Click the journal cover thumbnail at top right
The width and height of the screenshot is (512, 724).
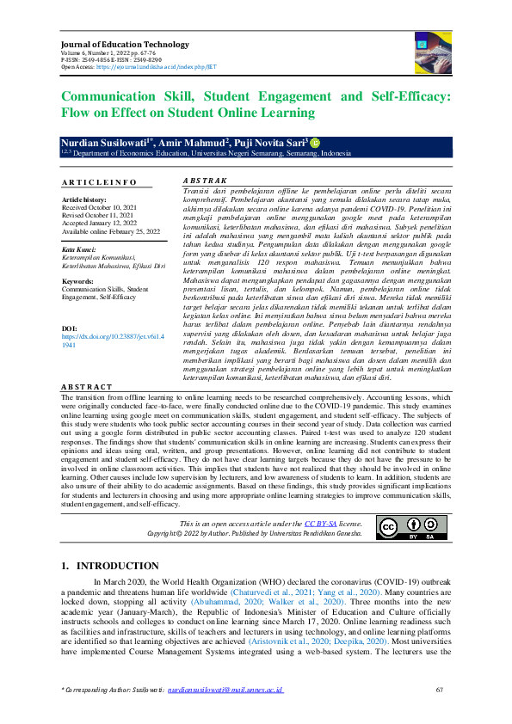point(427,50)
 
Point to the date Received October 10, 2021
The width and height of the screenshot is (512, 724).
point(99,206)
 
